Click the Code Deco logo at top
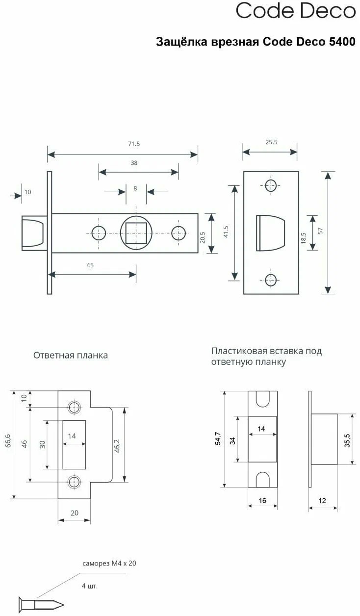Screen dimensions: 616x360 coord(296,11)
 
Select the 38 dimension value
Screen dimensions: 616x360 coord(134,163)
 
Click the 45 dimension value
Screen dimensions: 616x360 coord(90,265)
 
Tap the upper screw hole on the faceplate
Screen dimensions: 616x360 coord(271,186)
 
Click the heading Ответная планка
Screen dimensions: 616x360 coord(71,355)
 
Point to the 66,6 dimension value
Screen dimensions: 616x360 coord(7,444)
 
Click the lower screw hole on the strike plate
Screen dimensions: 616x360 coord(75,481)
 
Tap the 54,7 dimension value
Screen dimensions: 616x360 coord(218,438)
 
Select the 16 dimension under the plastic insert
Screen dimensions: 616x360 coord(263,501)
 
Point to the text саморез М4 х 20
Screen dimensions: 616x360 coord(109,564)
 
